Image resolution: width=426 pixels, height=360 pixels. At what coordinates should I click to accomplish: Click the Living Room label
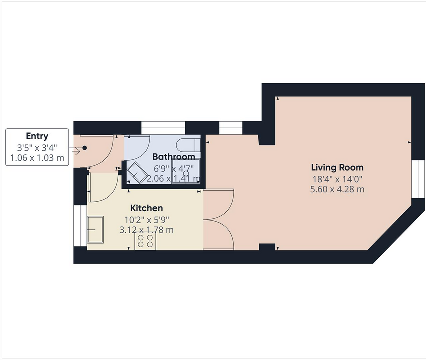click(x=337, y=168)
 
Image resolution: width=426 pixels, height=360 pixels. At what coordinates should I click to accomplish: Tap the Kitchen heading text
click(x=147, y=208)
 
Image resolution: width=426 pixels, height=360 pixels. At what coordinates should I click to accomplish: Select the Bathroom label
click(x=174, y=157)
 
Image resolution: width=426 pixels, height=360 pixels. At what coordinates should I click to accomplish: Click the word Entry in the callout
click(x=37, y=136)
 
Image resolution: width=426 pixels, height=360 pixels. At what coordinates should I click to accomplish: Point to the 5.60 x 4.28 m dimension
click(x=337, y=189)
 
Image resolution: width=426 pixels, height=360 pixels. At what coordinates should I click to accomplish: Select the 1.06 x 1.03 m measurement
click(x=37, y=157)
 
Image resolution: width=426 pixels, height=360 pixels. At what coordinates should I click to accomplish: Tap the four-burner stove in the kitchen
click(x=145, y=241)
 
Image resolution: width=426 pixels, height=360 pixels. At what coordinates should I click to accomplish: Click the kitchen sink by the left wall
click(x=95, y=229)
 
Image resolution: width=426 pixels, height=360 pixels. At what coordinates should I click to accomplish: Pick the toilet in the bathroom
click(x=188, y=145)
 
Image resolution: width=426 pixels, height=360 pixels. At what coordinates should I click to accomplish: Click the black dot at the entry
click(x=85, y=148)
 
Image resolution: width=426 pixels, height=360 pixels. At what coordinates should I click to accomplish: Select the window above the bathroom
click(x=163, y=128)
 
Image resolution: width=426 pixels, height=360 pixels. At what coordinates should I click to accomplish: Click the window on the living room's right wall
click(x=418, y=179)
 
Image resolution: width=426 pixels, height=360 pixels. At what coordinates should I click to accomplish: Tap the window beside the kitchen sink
click(x=80, y=225)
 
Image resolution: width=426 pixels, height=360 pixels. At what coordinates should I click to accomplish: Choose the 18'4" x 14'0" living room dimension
click(x=337, y=179)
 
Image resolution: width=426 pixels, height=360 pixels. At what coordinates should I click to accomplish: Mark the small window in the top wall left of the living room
click(x=231, y=128)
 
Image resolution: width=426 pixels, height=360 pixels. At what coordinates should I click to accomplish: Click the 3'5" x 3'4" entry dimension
click(x=37, y=148)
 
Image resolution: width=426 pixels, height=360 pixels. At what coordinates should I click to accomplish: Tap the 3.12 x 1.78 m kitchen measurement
click(x=147, y=230)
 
